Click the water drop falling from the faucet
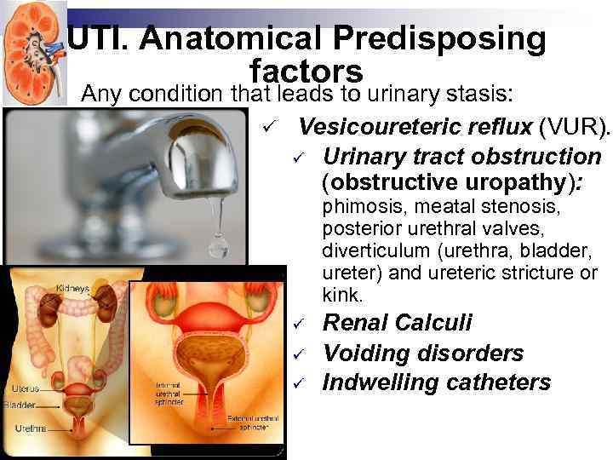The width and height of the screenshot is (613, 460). click(218, 244)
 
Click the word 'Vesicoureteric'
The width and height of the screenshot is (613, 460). click(381, 128)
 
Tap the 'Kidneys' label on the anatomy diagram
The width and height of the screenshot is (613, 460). click(72, 289)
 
